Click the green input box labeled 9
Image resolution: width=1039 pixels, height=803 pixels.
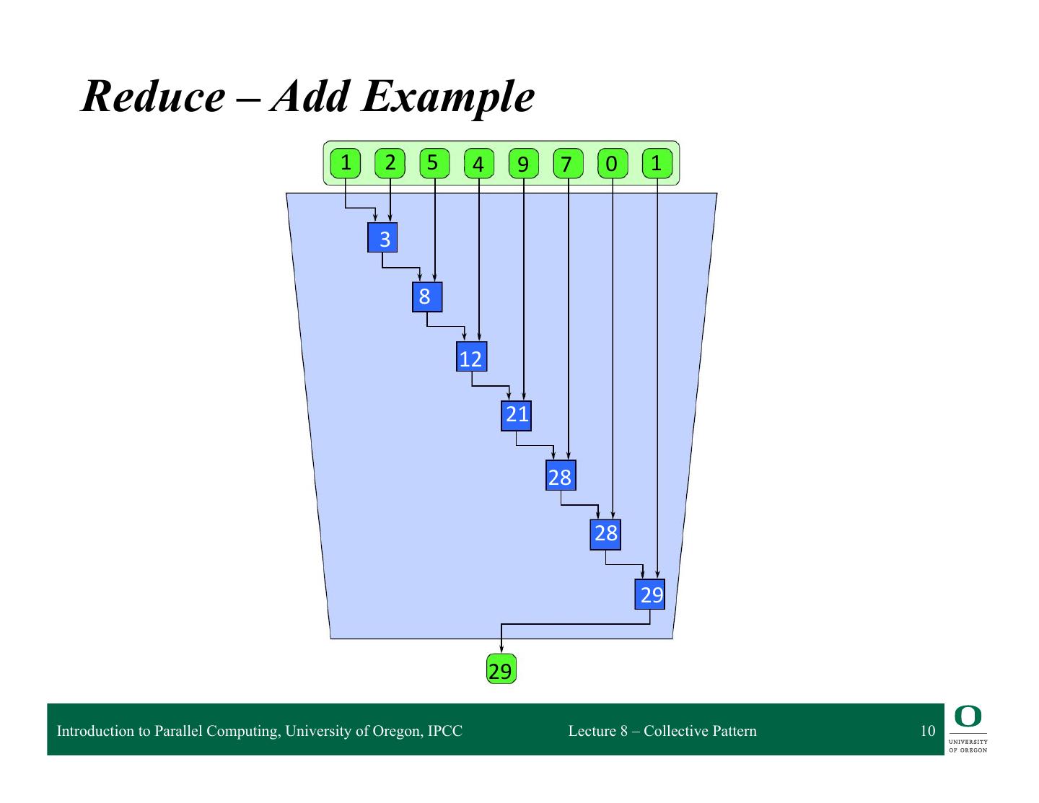point(523,164)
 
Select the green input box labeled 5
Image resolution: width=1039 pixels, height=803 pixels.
point(434,164)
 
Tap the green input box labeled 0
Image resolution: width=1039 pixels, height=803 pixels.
point(613,164)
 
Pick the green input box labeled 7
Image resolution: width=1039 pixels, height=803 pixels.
point(568,164)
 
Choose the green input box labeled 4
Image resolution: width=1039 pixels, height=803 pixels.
point(478,164)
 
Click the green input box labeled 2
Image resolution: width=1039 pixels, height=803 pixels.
point(390,164)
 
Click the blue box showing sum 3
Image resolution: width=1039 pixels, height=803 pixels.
point(382,237)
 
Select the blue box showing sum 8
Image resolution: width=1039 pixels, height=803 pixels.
point(427,297)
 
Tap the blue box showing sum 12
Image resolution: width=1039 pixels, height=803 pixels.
point(471,356)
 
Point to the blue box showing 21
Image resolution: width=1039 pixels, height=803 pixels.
point(516,416)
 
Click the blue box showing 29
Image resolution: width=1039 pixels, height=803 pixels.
point(649,594)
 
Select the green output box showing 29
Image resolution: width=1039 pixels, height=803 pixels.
point(501,668)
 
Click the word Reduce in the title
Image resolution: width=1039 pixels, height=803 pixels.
point(153,97)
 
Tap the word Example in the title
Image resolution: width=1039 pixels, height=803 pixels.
point(448,97)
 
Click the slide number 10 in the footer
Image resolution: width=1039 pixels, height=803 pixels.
point(928,730)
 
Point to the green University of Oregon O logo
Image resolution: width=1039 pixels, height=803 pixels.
point(968,716)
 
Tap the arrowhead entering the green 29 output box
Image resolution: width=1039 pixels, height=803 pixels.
point(501,649)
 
